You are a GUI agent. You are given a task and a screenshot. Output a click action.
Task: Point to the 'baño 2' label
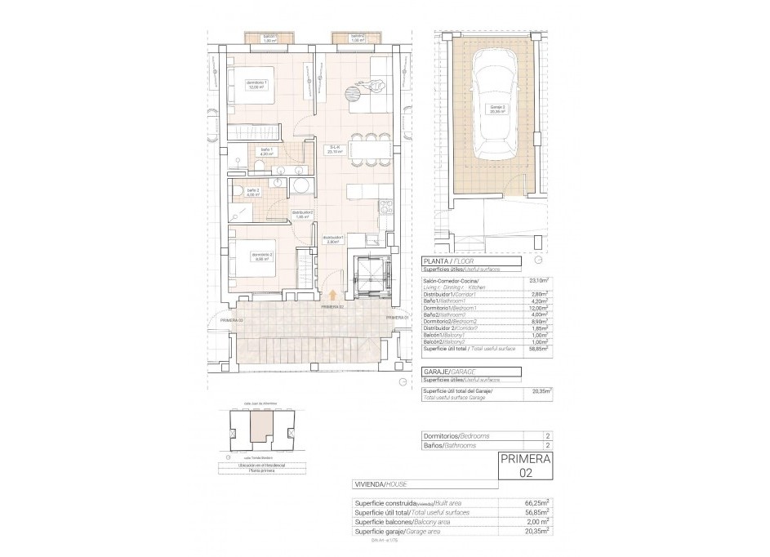(x=253, y=193)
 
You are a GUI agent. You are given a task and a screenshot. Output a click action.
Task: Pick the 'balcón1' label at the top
(x=269, y=38)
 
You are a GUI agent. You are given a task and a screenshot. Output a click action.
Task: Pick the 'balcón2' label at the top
(x=357, y=38)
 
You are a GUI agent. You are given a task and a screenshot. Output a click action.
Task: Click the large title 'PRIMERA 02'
(x=524, y=465)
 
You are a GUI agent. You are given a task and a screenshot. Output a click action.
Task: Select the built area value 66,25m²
(x=536, y=503)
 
